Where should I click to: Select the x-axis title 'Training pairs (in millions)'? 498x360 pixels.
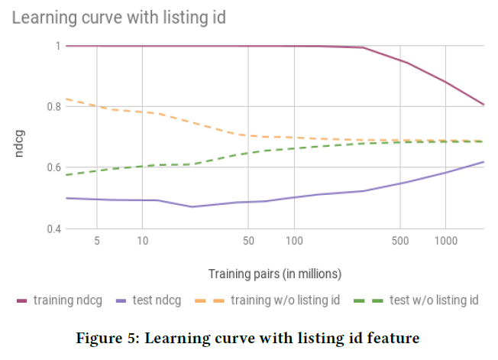click(x=275, y=273)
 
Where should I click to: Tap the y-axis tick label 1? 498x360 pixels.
click(x=57, y=46)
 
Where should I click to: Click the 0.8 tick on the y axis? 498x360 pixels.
click(x=52, y=106)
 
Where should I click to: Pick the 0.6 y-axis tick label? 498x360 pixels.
click(x=52, y=167)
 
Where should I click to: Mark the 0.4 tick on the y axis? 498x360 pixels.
click(x=52, y=229)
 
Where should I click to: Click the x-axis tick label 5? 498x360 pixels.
click(x=97, y=242)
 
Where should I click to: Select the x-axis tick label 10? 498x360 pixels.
click(x=143, y=242)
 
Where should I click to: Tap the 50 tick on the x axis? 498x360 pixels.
click(x=248, y=242)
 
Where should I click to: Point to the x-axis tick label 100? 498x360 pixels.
click(x=294, y=242)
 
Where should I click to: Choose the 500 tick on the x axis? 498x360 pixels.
click(x=399, y=242)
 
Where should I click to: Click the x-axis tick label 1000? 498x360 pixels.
click(x=445, y=242)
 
